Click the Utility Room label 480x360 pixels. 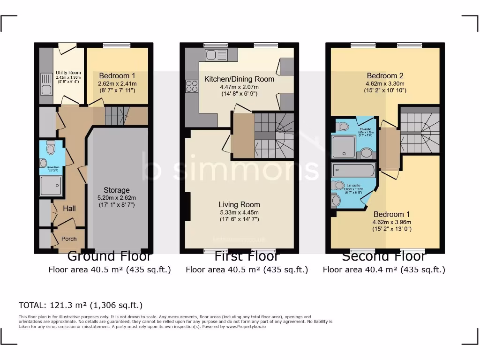pyautogui.click(x=68, y=73)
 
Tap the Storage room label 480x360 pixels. pyautogui.click(x=116, y=190)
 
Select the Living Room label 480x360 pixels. pyautogui.click(x=239, y=204)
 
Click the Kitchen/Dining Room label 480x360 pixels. pyautogui.click(x=239, y=79)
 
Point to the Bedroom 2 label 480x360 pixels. pyautogui.click(x=385, y=75)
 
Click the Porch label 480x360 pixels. pyautogui.click(x=69, y=239)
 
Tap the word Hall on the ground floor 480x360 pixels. pyautogui.click(x=69, y=208)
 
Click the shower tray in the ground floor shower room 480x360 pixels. pyautogui.click(x=50, y=186)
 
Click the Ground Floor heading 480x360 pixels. pyautogui.click(x=110, y=256)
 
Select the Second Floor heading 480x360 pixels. pyautogui.click(x=384, y=256)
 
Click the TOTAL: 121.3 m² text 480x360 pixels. pyautogui.click(x=80, y=305)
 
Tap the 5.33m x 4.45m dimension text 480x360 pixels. pyautogui.click(x=239, y=212)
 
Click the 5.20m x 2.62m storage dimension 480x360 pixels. pyautogui.click(x=116, y=198)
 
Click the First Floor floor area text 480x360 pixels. pyautogui.click(x=247, y=270)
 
